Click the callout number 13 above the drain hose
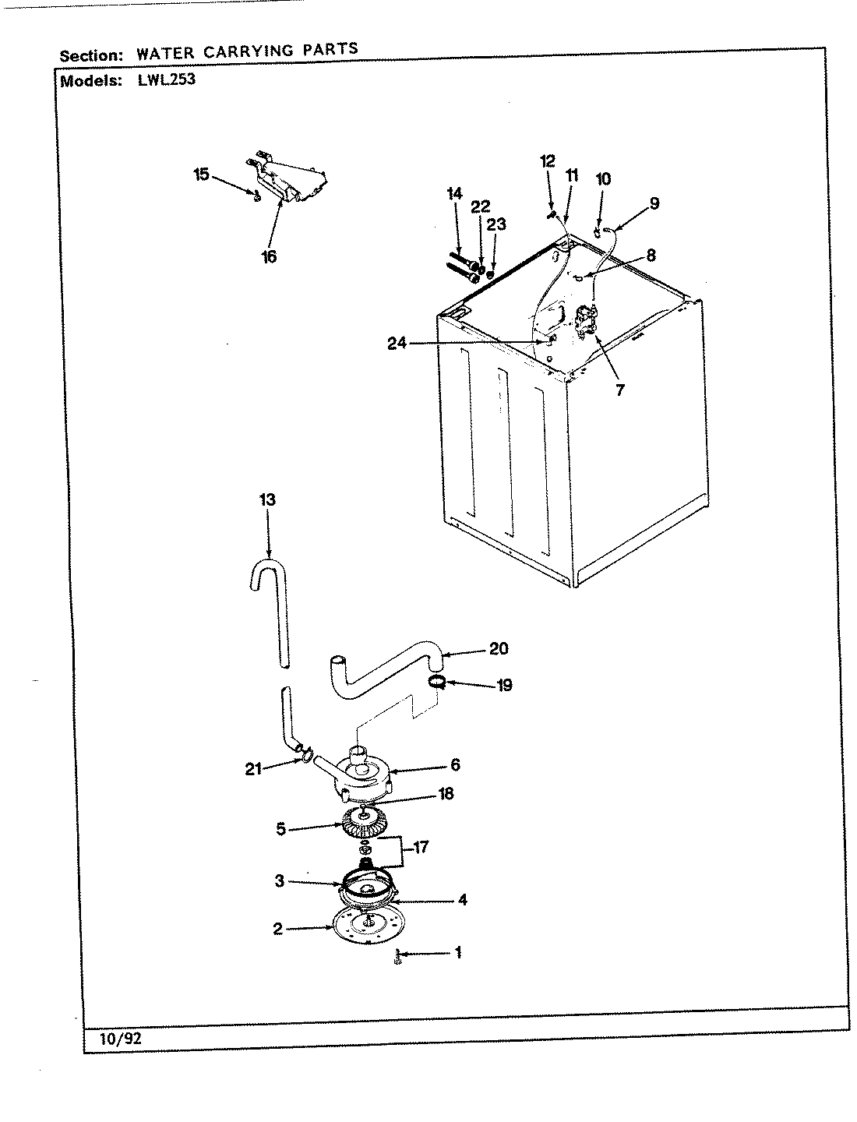(267, 499)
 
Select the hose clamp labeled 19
(438, 683)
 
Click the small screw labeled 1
(398, 955)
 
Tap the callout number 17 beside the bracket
(421, 847)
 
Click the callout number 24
(398, 344)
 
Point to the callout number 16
(269, 256)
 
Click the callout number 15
(201, 174)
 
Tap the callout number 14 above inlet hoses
(454, 194)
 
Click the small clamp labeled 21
(305, 752)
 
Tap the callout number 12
(547, 161)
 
